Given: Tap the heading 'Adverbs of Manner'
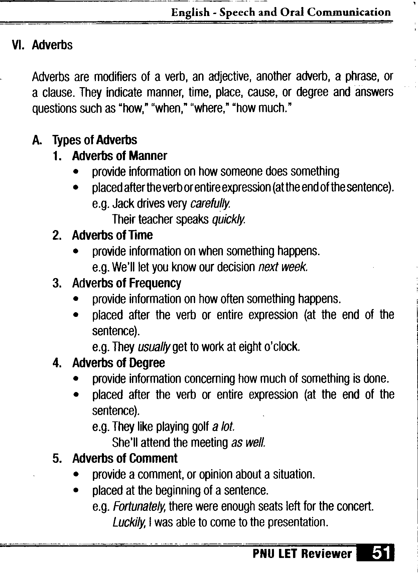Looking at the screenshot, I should pyautogui.click(x=119, y=156).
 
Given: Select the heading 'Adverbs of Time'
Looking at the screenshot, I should pyautogui.click(x=112, y=235).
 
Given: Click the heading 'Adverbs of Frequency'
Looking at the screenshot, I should pyautogui.click(x=127, y=283).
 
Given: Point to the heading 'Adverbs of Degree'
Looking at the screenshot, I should pyautogui.click(x=119, y=363).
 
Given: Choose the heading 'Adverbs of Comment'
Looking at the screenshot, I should pyautogui.click(x=125, y=458).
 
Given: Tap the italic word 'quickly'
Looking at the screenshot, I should pyautogui.click(x=229, y=219).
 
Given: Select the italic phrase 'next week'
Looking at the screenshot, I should pyautogui.click(x=283, y=267).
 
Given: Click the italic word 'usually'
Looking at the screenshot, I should pyautogui.click(x=154, y=347).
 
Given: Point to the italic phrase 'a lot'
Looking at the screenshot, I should pyautogui.click(x=224, y=426).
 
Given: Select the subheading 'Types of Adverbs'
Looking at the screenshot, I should pyautogui.click(x=95, y=140).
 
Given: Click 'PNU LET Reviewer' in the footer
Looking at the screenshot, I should pyautogui.click(x=302, y=554).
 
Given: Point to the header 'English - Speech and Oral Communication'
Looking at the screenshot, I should pyautogui.click(x=281, y=12).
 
